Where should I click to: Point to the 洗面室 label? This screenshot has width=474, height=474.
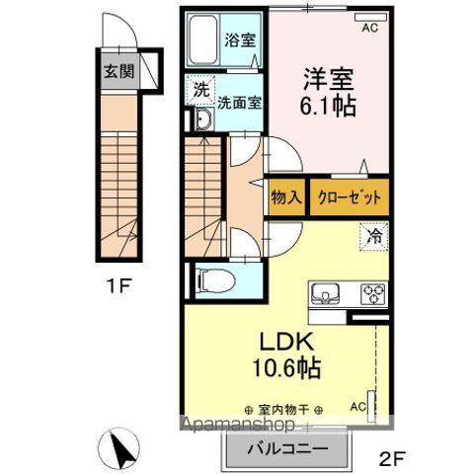coord(239,101)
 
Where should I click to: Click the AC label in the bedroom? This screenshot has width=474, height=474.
coord(370,29)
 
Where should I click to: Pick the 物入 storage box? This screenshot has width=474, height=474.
coord(286,197)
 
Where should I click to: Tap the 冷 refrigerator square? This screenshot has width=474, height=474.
coord(375,236)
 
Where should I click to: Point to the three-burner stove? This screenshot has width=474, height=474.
coord(373,293)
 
